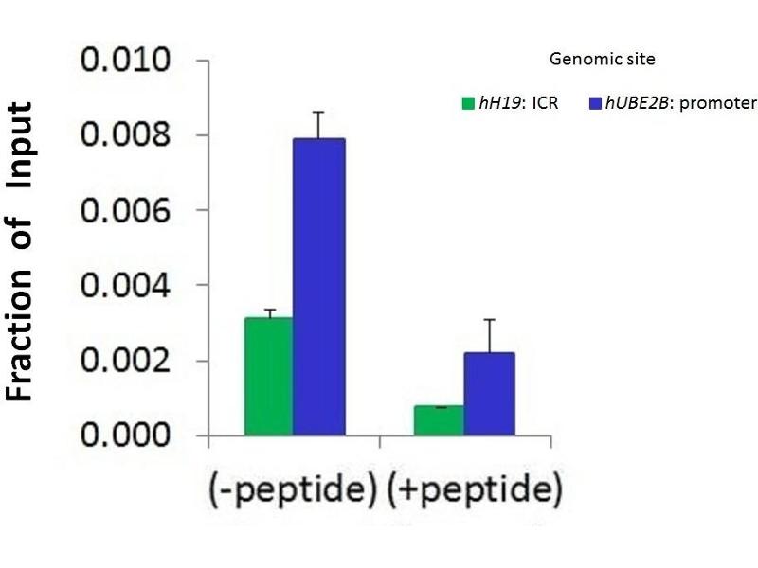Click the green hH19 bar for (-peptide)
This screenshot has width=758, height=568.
pyautogui.click(x=269, y=377)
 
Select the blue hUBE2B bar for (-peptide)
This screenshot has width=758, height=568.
pyautogui.click(x=318, y=287)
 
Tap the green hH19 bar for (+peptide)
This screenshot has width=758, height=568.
pyautogui.click(x=439, y=420)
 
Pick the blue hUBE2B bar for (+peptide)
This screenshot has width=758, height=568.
pyautogui.click(x=489, y=394)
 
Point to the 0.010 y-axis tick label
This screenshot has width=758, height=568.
pyautogui.click(x=126, y=62)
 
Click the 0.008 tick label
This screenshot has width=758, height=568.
pyautogui.click(x=126, y=135)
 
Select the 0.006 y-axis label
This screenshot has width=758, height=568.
pyautogui.click(x=126, y=210)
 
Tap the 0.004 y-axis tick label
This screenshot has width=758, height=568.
pyautogui.click(x=126, y=285)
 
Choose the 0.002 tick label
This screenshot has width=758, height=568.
pyautogui.click(x=126, y=361)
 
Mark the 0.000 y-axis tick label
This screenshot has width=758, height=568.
pyautogui.click(x=126, y=435)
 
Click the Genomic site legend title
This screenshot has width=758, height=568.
pyautogui.click(x=602, y=60)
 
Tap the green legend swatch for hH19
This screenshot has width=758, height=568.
pyautogui.click(x=467, y=103)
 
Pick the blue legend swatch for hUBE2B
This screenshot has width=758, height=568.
pyautogui.click(x=595, y=103)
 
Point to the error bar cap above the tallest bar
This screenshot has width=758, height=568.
pyautogui.click(x=318, y=112)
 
